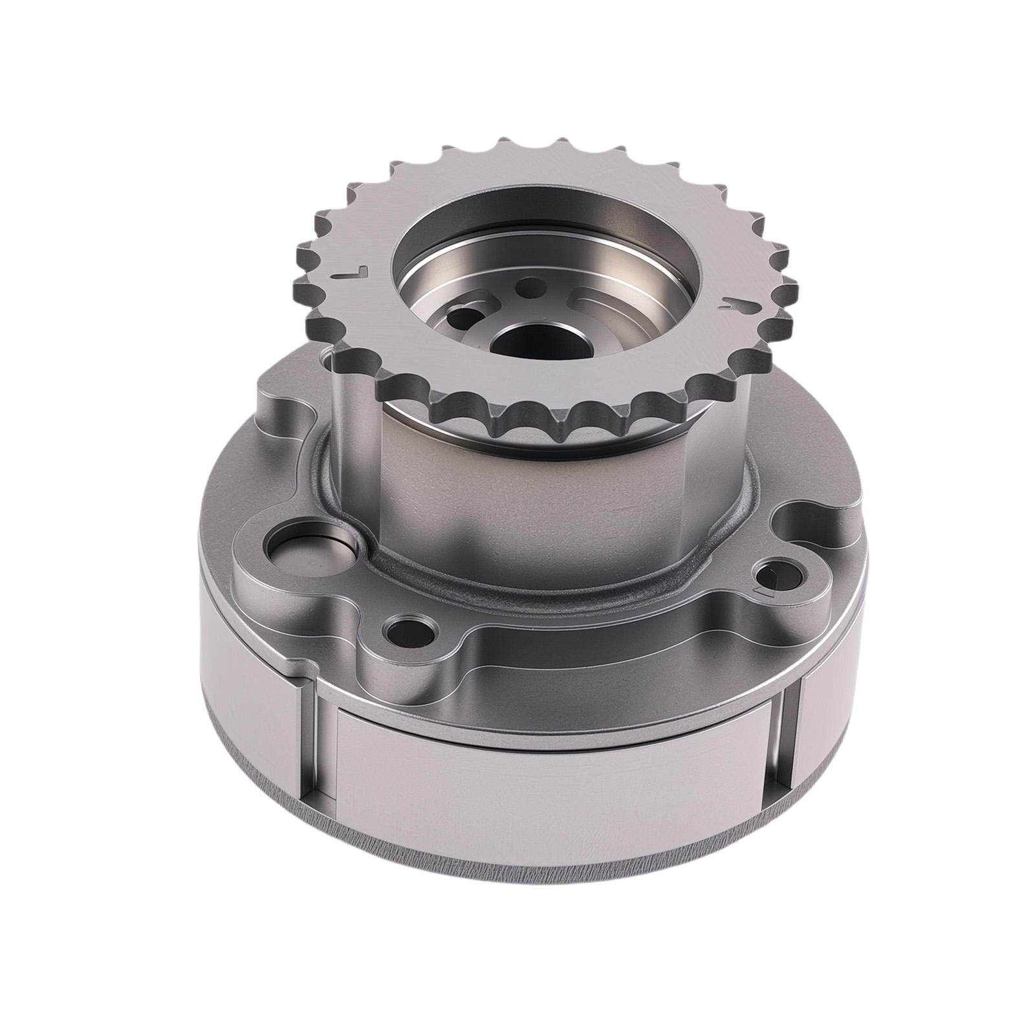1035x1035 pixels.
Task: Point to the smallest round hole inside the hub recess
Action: pos(532,283)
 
